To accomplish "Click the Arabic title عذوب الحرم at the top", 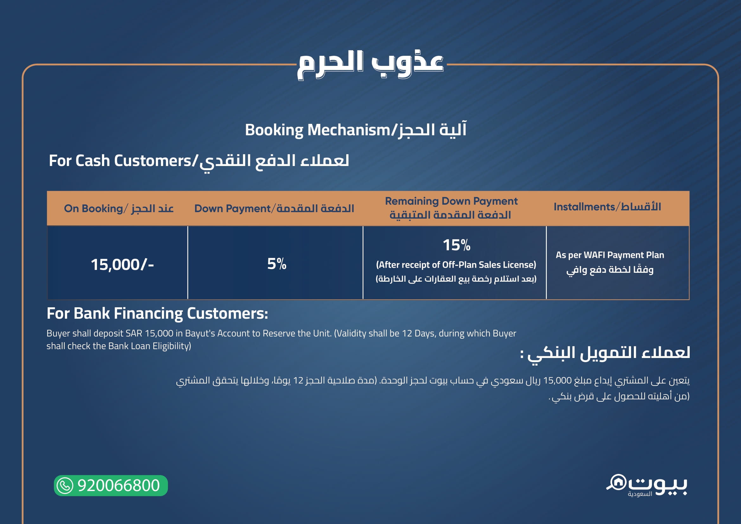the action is click(x=370, y=65).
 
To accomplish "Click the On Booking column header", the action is click(x=119, y=208).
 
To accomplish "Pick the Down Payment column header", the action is click(x=274, y=208).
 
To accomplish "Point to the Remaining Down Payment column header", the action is click(x=451, y=208).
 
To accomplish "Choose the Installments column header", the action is click(x=607, y=207).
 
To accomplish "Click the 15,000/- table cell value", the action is click(x=122, y=265).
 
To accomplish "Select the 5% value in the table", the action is click(x=277, y=264).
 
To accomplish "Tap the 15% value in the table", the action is click(x=456, y=245).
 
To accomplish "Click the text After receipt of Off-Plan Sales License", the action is click(x=456, y=265).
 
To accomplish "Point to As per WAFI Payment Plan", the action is click(x=610, y=255).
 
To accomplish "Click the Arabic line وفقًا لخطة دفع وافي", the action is click(x=610, y=270).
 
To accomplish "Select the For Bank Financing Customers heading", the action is click(x=157, y=314).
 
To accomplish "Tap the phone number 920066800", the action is click(x=118, y=486).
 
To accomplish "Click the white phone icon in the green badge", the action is click(x=65, y=486).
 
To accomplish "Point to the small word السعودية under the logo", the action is click(x=640, y=494).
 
